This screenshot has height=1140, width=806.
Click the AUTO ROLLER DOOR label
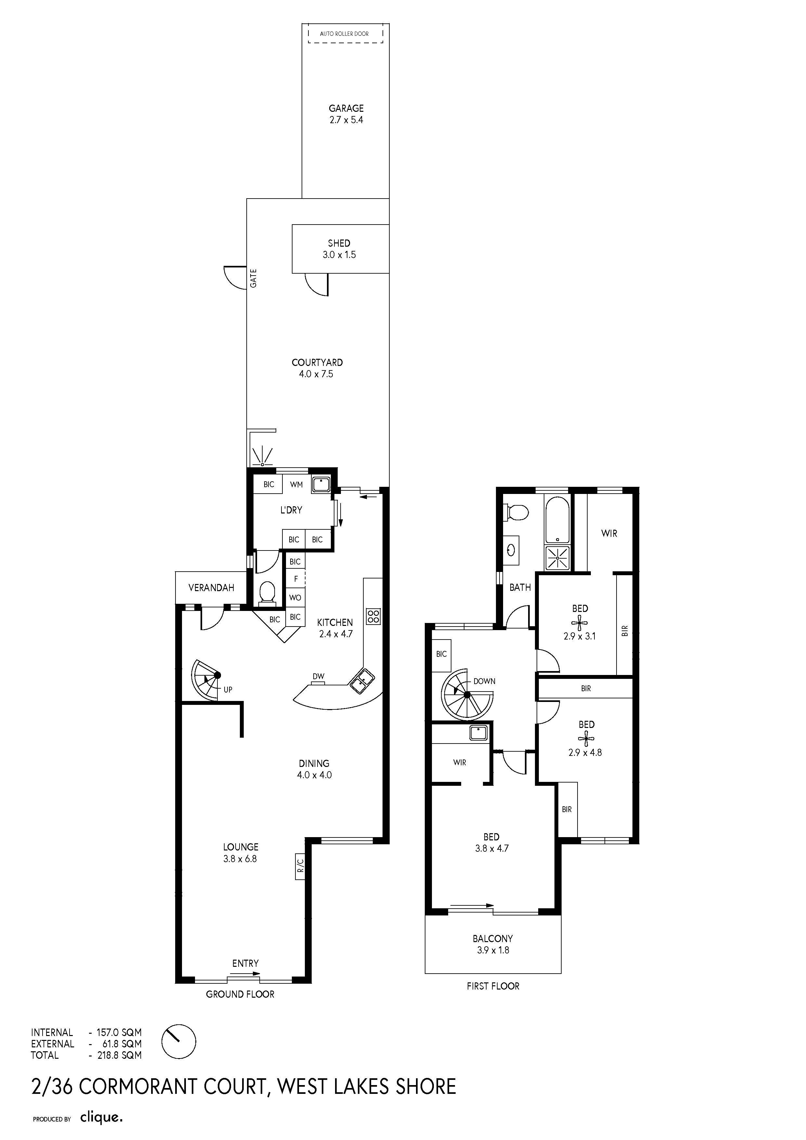tap(344, 34)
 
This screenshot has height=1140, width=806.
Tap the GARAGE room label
tap(346, 108)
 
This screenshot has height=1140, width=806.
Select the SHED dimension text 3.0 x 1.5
tap(339, 255)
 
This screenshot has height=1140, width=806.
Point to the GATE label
tap(253, 278)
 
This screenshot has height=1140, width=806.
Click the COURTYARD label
tap(317, 362)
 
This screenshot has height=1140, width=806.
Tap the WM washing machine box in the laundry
tap(296, 484)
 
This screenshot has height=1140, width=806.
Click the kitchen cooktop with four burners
tap(373, 617)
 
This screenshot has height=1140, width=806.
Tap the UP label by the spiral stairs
tap(228, 690)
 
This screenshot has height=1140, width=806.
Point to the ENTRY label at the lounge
tap(245, 963)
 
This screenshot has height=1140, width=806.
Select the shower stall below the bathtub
tap(558, 558)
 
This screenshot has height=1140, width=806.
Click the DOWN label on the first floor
tap(484, 681)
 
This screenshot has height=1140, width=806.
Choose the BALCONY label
tap(493, 939)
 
